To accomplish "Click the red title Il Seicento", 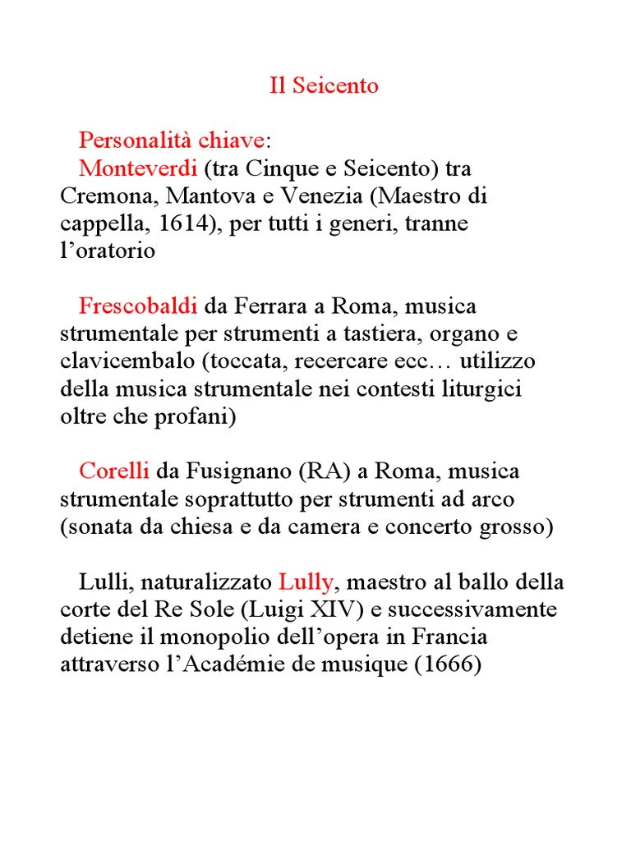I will point(324,85).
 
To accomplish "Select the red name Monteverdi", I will point(137,168).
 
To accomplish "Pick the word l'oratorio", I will point(107,251).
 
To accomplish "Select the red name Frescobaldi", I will point(138,306).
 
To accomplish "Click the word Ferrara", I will point(265,306).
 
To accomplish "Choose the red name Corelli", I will point(114,472).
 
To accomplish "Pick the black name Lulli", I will point(104,583).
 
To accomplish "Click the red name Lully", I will point(306,583).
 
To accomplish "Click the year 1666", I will point(448,665).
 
